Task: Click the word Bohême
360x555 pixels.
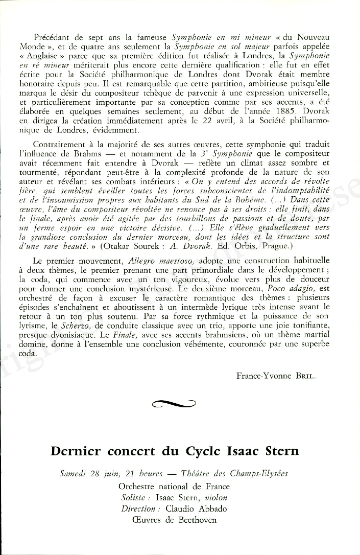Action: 279,199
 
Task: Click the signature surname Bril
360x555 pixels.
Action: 306,376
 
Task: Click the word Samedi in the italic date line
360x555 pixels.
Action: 74,473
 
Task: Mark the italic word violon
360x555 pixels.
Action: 214,497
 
